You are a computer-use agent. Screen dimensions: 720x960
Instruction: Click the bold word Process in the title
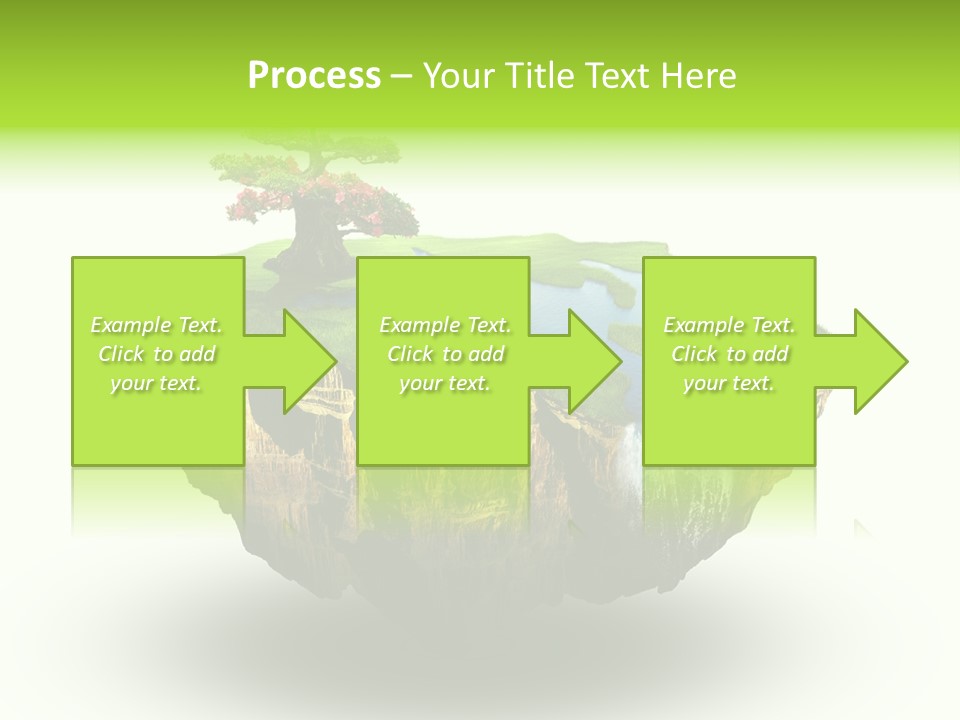pos(314,76)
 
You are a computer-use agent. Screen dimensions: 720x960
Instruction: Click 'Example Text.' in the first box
pos(156,325)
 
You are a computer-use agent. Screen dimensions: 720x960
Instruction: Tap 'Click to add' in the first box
pos(156,354)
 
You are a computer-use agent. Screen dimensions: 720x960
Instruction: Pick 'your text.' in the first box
pos(156,383)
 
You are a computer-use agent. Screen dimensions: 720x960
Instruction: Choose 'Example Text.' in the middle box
pos(445,325)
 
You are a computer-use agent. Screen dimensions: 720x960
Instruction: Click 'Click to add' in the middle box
pos(445,354)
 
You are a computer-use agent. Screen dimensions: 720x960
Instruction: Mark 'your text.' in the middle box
pos(445,383)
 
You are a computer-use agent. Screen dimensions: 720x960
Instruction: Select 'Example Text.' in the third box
pos(729,325)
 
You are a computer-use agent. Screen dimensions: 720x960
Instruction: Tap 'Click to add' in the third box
pos(729,354)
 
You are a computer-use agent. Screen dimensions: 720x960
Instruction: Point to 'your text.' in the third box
pos(729,383)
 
